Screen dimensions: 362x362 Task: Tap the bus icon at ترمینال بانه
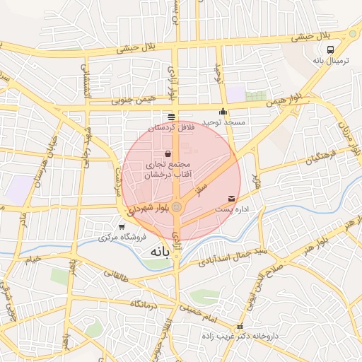(331, 49)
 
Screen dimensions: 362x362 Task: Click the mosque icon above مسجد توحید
(223, 111)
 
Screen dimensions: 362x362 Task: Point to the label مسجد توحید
(223, 123)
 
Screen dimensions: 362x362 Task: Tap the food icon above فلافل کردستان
(171, 117)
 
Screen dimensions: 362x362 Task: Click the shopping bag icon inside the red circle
(168, 153)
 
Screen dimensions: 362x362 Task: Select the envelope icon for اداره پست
(232, 199)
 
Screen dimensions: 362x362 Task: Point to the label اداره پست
(232, 210)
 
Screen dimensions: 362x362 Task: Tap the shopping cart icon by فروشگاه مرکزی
(122, 227)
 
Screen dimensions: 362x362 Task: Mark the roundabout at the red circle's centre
(177, 206)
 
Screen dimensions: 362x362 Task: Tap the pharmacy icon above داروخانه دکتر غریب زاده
(240, 327)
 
